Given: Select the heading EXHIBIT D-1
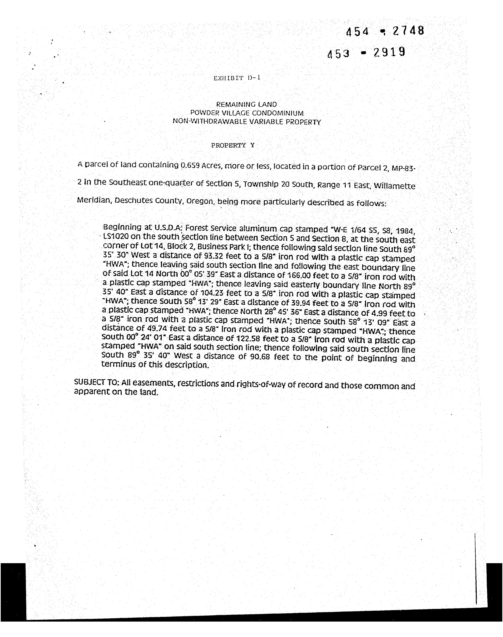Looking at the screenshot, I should point(237,78).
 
